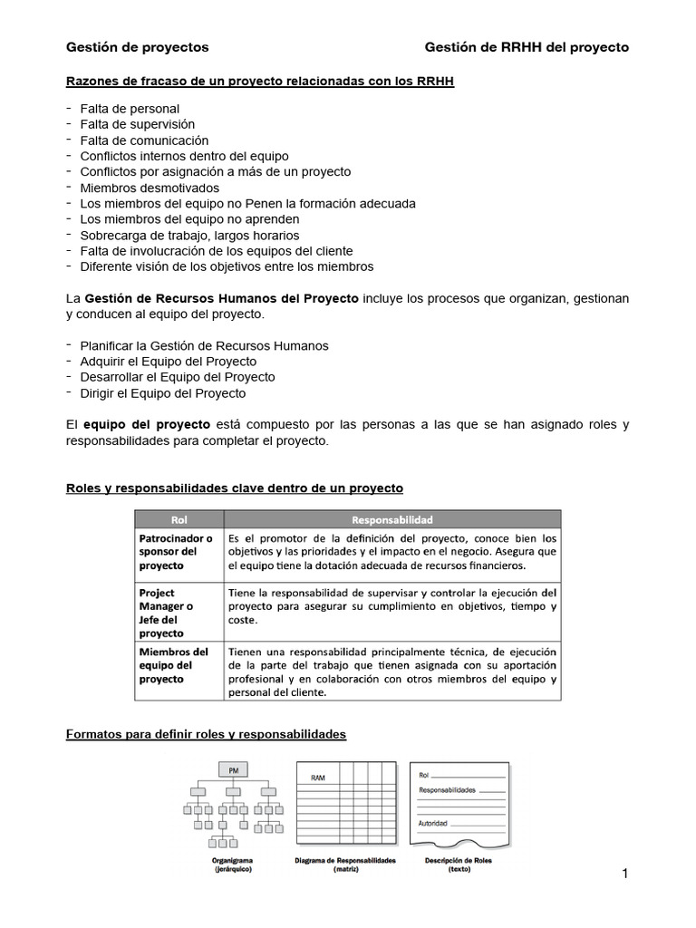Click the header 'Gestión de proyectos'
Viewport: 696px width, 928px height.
tap(137, 47)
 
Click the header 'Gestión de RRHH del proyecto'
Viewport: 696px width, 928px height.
tap(527, 47)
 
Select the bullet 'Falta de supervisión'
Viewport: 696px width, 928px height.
tap(137, 124)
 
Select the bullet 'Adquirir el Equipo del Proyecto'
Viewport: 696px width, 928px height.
tap(168, 361)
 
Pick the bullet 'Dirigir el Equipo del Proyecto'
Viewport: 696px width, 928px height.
tap(162, 392)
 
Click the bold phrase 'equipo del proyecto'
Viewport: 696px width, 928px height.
tap(147, 424)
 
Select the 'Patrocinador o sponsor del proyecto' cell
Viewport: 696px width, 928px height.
tap(176, 552)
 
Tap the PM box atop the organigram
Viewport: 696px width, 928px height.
tap(234, 769)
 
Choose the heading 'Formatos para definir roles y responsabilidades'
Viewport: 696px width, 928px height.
tap(207, 734)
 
